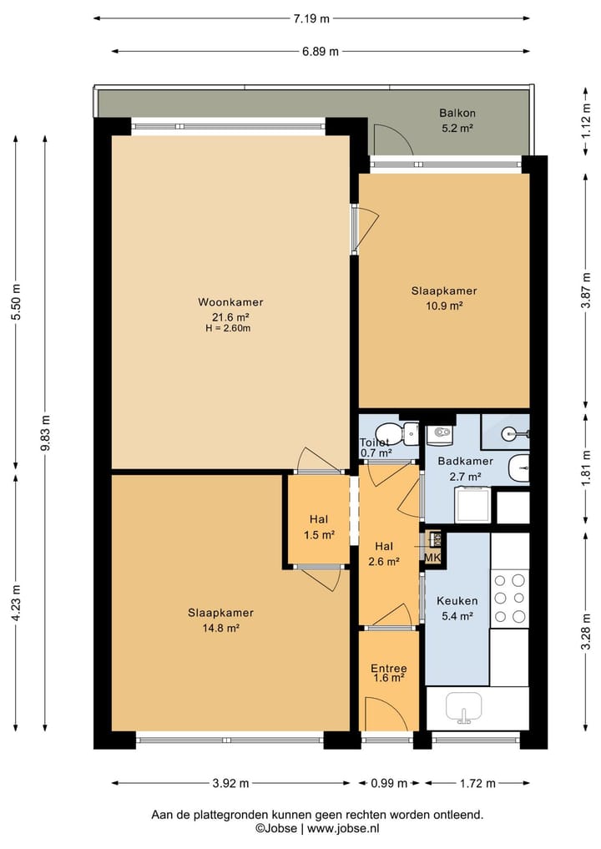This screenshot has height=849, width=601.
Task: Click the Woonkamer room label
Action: coord(230,302)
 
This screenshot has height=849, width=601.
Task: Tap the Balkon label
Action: coord(457,114)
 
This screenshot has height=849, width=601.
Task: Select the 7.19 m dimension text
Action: coord(311,18)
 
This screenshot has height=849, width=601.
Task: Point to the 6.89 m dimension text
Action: coord(321,52)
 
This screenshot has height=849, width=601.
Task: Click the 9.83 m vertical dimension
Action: coord(45,432)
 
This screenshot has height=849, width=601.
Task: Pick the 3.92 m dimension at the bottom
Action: coord(230,783)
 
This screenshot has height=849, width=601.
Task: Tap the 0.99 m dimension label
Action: coord(389,783)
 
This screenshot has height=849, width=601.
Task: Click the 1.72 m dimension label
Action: coord(477,783)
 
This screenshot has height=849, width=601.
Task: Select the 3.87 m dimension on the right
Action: coord(586,291)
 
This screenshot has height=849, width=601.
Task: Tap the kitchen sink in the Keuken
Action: coord(463,706)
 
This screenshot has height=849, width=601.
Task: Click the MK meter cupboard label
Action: coord(432,558)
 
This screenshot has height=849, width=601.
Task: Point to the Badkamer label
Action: coord(466,462)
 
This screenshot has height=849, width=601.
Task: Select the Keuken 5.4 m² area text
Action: coord(457,616)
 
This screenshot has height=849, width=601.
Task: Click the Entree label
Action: coord(389,668)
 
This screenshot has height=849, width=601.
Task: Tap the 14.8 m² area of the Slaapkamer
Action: coord(221,628)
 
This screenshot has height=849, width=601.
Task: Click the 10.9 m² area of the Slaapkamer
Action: coord(444,306)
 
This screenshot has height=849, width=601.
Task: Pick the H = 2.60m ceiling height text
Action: coord(228,328)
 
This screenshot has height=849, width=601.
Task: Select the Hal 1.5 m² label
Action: coord(319,527)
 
